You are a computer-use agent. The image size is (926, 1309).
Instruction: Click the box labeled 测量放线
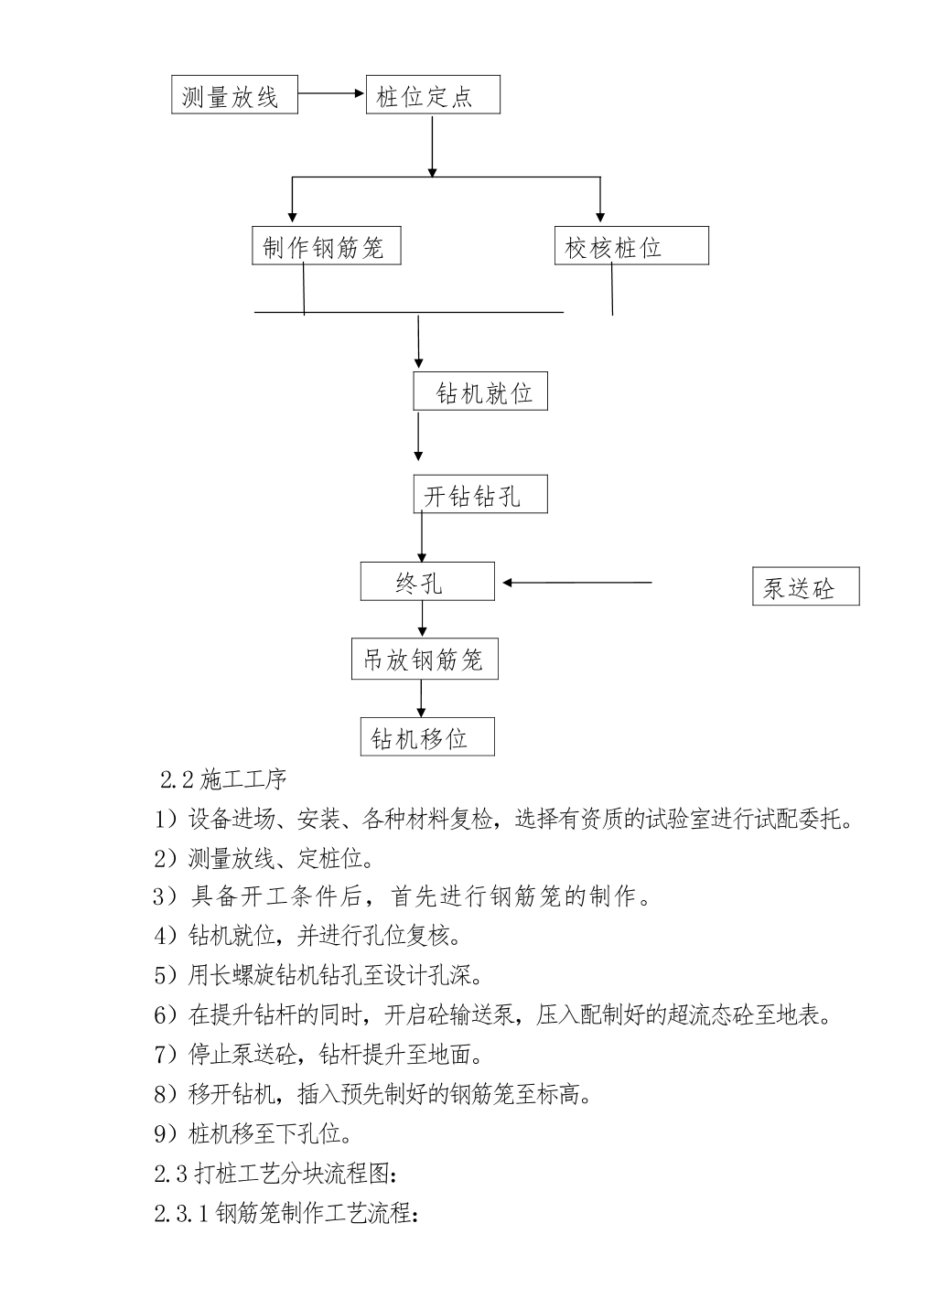[234, 94]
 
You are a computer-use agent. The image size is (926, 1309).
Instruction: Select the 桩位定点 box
[433, 94]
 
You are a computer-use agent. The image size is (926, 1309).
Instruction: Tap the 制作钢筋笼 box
[327, 246]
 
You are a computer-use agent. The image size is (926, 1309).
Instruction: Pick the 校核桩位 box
[632, 246]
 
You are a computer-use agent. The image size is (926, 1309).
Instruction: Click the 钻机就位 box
[480, 391]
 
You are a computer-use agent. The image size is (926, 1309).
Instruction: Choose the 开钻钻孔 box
[480, 494]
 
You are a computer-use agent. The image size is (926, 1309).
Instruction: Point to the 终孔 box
[427, 582]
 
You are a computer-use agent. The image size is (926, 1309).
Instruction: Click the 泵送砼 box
[806, 586]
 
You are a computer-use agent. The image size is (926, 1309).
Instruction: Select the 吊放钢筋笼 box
[425, 659]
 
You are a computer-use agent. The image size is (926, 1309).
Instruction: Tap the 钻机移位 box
[427, 737]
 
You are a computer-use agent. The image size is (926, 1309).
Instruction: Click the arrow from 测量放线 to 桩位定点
[331, 93]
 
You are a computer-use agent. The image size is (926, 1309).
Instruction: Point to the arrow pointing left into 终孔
[577, 583]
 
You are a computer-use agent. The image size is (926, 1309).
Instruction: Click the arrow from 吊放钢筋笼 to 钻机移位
[421, 698]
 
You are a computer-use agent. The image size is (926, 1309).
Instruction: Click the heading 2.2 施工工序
[223, 780]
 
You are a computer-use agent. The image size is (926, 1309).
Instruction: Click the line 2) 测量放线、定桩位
[264, 858]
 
